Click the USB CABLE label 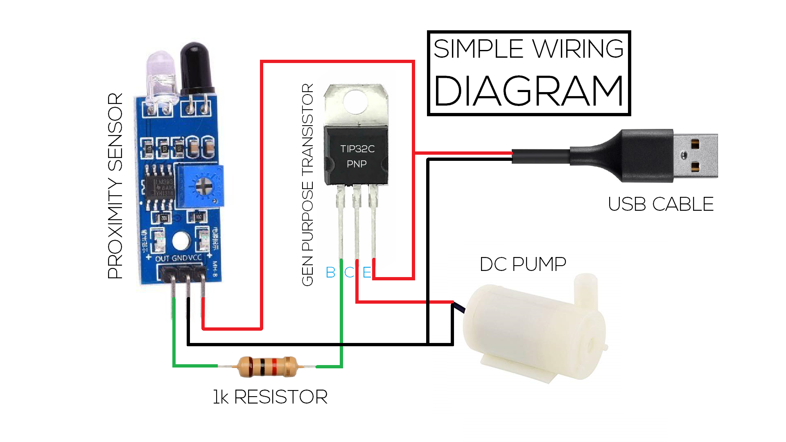(660, 204)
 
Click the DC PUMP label (522, 264)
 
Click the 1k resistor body (267, 366)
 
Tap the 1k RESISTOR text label (270, 397)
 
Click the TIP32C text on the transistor (357, 149)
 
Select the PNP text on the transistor (357, 164)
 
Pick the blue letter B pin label (330, 273)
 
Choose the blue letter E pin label (367, 273)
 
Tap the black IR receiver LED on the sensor (195, 68)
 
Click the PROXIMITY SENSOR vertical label (115, 186)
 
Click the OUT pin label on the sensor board (162, 259)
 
